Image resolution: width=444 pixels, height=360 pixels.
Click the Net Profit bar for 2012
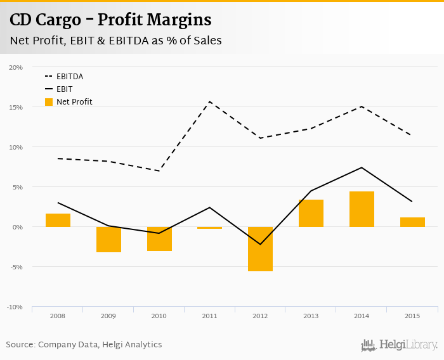point(260,248)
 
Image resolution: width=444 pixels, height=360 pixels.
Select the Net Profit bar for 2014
point(362,209)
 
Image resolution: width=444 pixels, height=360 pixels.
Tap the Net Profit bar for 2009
point(108,239)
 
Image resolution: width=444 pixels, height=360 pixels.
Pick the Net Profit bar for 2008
point(58,220)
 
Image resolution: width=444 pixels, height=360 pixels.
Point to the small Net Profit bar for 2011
point(209,228)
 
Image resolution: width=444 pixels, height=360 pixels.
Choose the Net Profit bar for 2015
point(412,222)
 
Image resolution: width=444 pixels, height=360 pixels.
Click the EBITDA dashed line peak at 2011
point(210,101)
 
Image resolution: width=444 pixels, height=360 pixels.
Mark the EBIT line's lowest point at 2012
point(260,244)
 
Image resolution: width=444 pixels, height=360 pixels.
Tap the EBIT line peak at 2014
point(362,167)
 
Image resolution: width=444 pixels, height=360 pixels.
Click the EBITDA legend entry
point(69,77)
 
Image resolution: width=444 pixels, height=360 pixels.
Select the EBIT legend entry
point(64,89)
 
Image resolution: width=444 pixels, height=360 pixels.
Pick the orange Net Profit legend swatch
point(49,101)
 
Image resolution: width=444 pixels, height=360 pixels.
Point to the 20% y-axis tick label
point(16,67)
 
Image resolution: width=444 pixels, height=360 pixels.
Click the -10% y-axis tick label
point(15,307)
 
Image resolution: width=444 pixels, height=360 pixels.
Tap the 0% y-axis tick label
point(18,227)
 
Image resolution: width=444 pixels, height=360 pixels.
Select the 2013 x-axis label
point(311,316)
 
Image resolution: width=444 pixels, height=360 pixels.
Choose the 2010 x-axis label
point(159,316)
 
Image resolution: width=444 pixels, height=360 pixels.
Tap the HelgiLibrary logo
point(400,345)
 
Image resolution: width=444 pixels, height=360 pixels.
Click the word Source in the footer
point(20,345)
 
